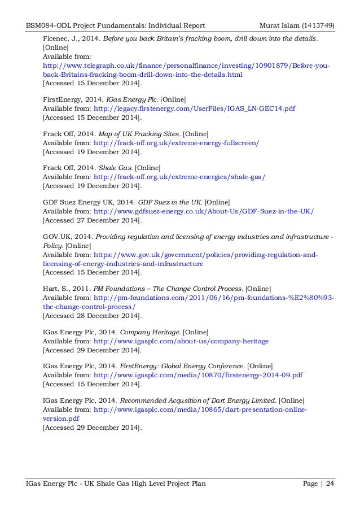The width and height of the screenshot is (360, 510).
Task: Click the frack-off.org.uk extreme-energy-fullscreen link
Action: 177,142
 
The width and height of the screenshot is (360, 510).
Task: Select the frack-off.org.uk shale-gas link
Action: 179,177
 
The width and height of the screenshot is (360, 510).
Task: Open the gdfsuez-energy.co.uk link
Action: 204,211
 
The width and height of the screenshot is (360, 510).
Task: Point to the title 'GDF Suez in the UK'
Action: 170,202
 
